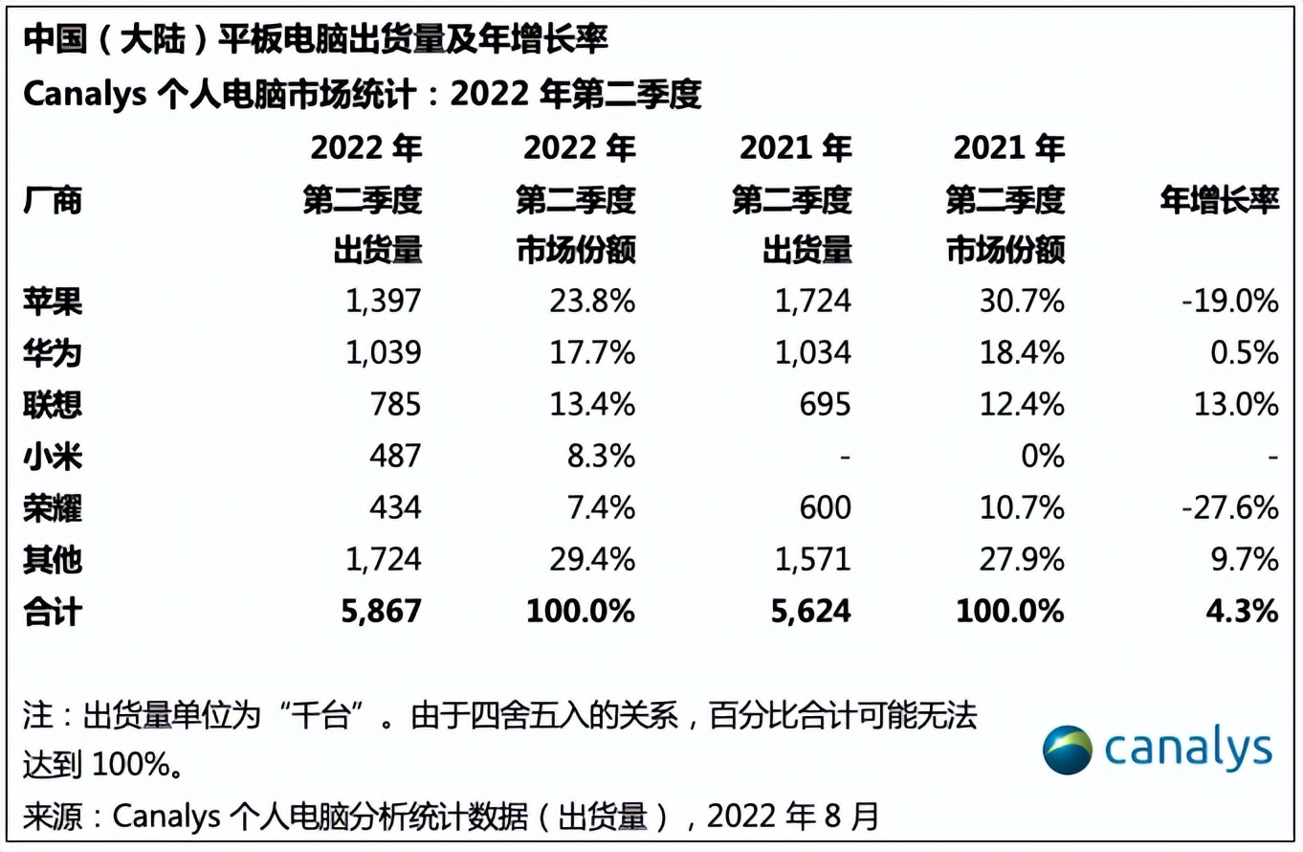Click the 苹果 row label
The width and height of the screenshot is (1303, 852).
coord(53,302)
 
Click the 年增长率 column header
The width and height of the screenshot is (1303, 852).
coord(1219,201)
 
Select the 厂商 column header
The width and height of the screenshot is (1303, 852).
coord(53,201)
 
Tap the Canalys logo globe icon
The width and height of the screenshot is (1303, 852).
coord(1068,750)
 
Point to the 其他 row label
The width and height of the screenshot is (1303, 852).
coord(53,560)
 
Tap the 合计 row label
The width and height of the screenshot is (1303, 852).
coord(53,611)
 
